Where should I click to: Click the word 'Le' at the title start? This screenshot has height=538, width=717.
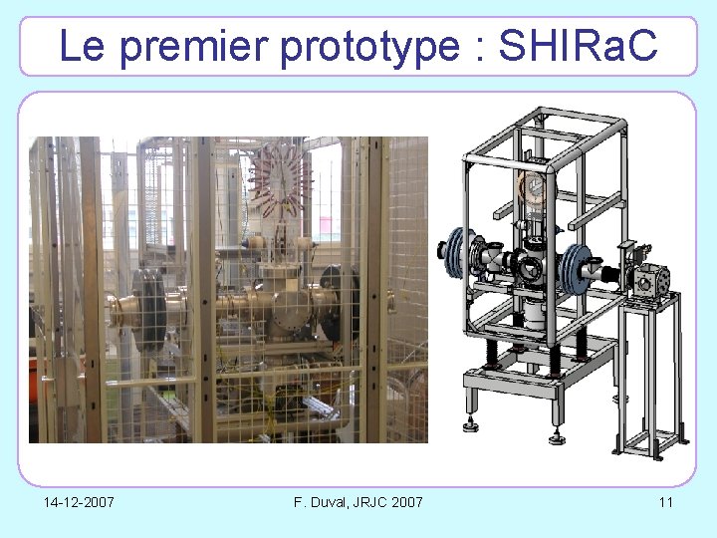pos(82,46)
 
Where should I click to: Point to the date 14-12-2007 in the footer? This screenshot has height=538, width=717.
pos(79,501)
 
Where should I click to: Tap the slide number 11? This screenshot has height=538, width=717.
pos(665,501)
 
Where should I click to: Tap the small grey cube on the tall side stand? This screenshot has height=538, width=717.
pos(654,282)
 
